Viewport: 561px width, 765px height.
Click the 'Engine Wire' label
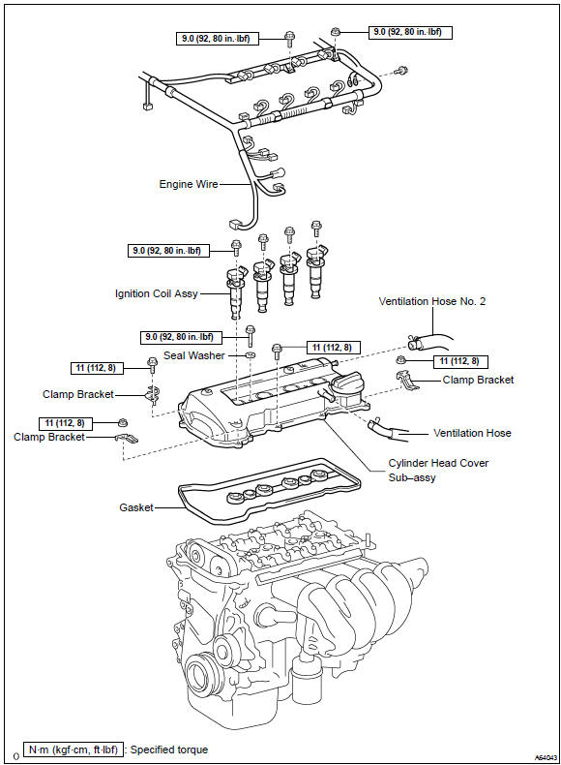189,184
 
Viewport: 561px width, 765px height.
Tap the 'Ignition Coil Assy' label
157,293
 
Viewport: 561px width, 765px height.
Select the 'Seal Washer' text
194,355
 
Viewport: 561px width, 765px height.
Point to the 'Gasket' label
136,507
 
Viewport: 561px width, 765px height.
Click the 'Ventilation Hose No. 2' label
432,301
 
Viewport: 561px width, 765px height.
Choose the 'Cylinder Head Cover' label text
438,463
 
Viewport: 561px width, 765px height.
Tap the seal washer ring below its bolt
250,354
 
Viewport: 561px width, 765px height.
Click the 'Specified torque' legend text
169,750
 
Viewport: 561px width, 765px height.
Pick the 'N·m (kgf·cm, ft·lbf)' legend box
74,750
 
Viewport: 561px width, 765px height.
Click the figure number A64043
546,757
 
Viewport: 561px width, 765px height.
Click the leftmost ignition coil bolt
236,247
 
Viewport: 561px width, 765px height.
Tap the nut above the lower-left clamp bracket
123,422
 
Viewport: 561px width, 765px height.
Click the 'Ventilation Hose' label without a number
472,433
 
